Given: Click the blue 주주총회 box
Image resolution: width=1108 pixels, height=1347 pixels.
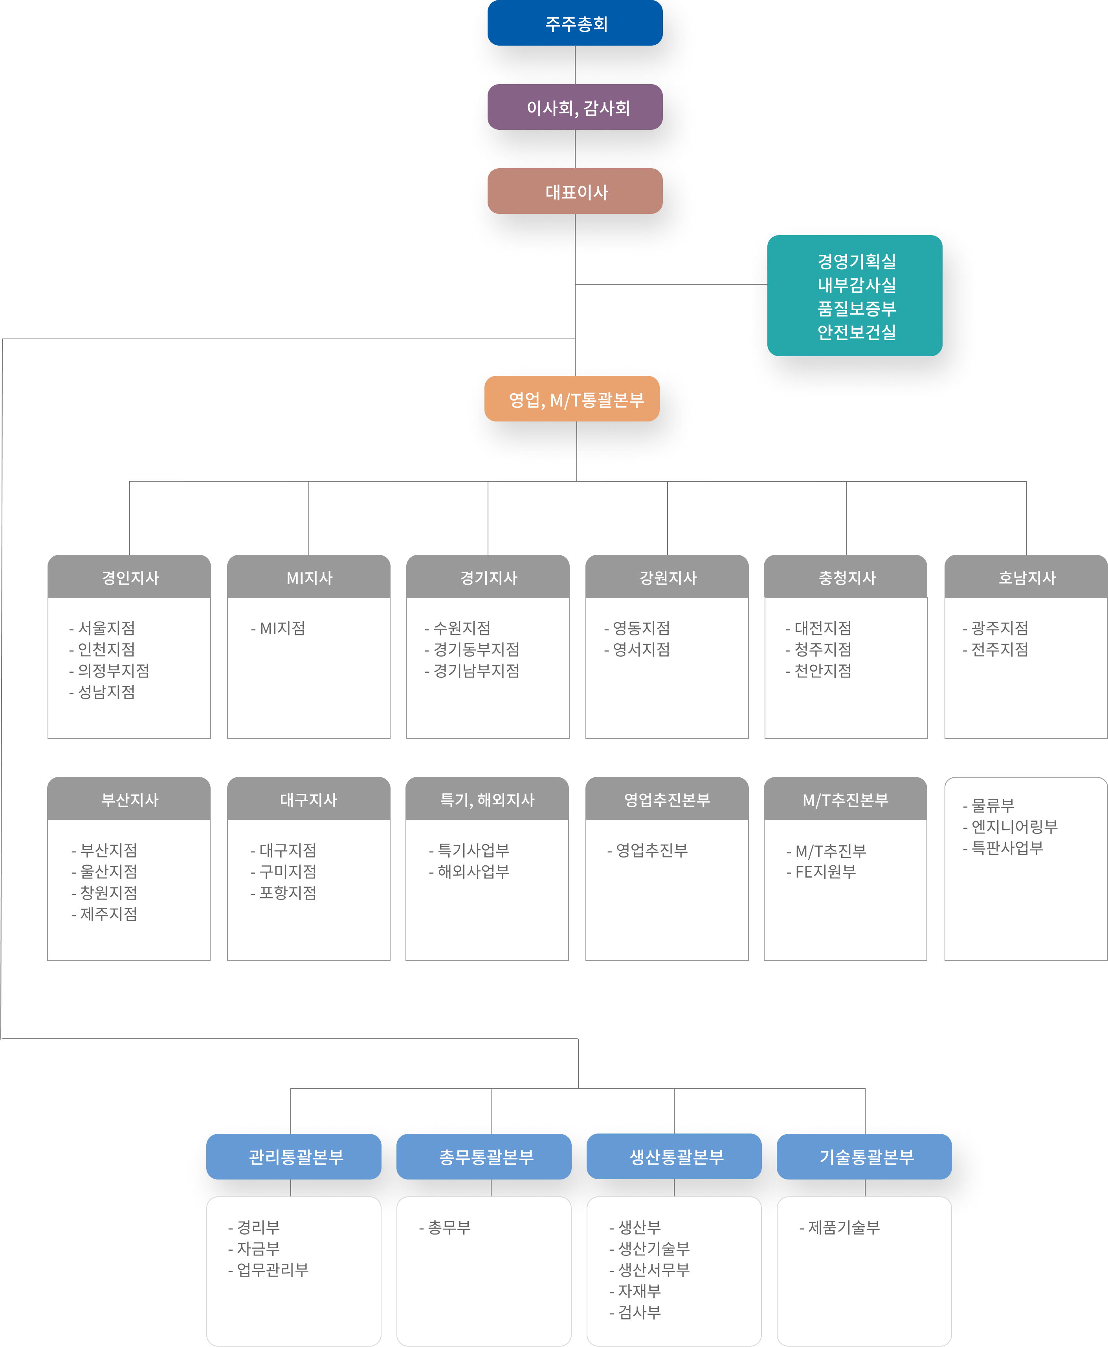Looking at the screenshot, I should (575, 24).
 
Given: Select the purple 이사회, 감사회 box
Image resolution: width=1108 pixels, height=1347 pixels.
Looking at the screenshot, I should (575, 107).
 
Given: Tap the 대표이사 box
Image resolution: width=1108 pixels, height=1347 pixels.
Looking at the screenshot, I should (575, 191).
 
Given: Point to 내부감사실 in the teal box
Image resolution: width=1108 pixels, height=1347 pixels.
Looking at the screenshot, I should (857, 285).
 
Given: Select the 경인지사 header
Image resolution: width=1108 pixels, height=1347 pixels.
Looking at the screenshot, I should (130, 578).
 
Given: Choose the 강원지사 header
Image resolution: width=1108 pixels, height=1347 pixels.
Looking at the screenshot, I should (668, 578).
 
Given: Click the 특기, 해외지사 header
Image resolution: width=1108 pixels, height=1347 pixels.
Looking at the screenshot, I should (487, 800).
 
